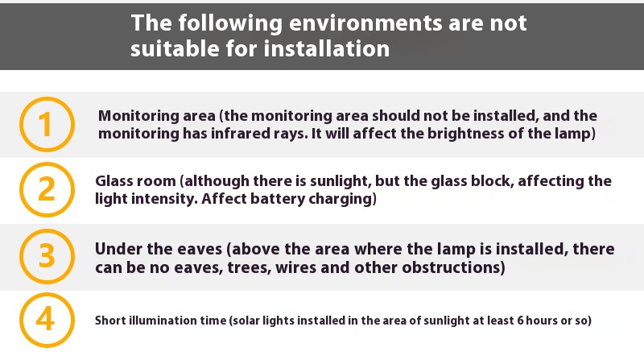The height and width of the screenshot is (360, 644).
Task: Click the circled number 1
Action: click(47, 124)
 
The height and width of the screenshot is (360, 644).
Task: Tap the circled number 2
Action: click(47, 189)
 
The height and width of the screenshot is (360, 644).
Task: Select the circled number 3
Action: click(47, 256)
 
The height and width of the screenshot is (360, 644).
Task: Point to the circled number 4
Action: click(47, 320)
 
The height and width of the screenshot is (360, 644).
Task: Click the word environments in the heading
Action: click(365, 23)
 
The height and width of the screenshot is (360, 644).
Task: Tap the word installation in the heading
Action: click(327, 48)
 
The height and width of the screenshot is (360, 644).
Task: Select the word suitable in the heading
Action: click(175, 48)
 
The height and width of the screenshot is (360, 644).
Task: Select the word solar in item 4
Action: click(246, 321)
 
